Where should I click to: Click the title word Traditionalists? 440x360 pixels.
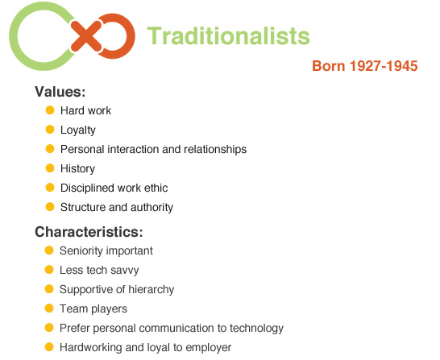point(229,36)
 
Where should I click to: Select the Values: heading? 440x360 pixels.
point(60,91)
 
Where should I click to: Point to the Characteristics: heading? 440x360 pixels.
point(89,232)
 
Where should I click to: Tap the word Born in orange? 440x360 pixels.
point(330,66)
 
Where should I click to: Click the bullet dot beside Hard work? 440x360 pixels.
point(50,110)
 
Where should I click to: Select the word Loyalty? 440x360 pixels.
point(77,130)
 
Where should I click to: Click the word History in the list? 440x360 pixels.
point(77,168)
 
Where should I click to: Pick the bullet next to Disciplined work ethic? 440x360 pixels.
point(50,188)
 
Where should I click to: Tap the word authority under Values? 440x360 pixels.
point(151,207)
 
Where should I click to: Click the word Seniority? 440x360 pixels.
point(83,250)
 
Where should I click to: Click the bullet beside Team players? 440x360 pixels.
point(49,308)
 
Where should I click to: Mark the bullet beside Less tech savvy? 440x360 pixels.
point(49,270)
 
